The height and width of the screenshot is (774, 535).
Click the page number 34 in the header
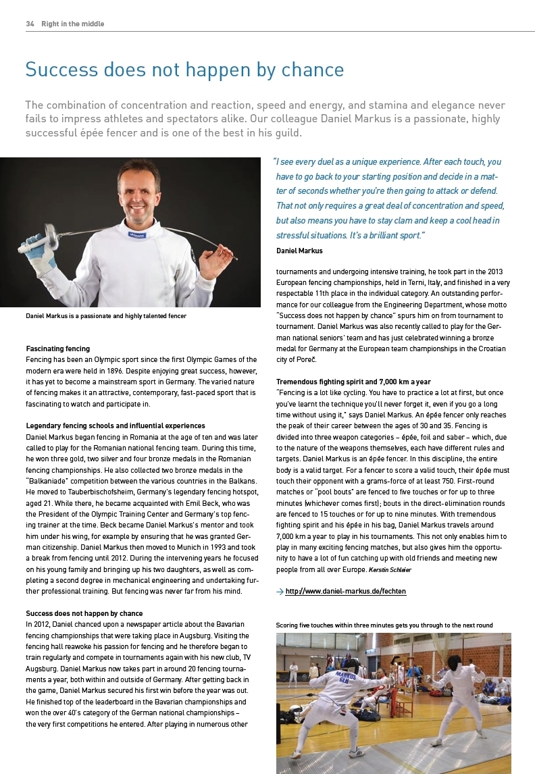(x=30, y=24)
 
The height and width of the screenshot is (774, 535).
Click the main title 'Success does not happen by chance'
(x=184, y=70)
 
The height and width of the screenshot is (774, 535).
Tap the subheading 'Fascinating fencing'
(x=57, y=349)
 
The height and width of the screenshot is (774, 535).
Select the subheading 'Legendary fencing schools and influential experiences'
(x=116, y=425)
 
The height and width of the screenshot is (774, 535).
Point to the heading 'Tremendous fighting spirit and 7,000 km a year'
(x=353, y=382)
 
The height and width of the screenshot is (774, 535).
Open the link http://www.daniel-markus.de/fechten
(x=346, y=592)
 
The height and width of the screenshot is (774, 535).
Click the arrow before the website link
(x=280, y=592)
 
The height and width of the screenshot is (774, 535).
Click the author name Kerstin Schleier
(x=390, y=570)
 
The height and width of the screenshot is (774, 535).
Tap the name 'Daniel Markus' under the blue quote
(x=299, y=251)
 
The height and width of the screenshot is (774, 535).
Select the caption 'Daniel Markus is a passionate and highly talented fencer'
(x=106, y=315)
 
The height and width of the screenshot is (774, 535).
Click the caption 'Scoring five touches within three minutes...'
(x=384, y=625)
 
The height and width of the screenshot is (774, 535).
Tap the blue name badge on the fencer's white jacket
(x=137, y=234)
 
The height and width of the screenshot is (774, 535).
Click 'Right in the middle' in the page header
(x=73, y=24)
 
